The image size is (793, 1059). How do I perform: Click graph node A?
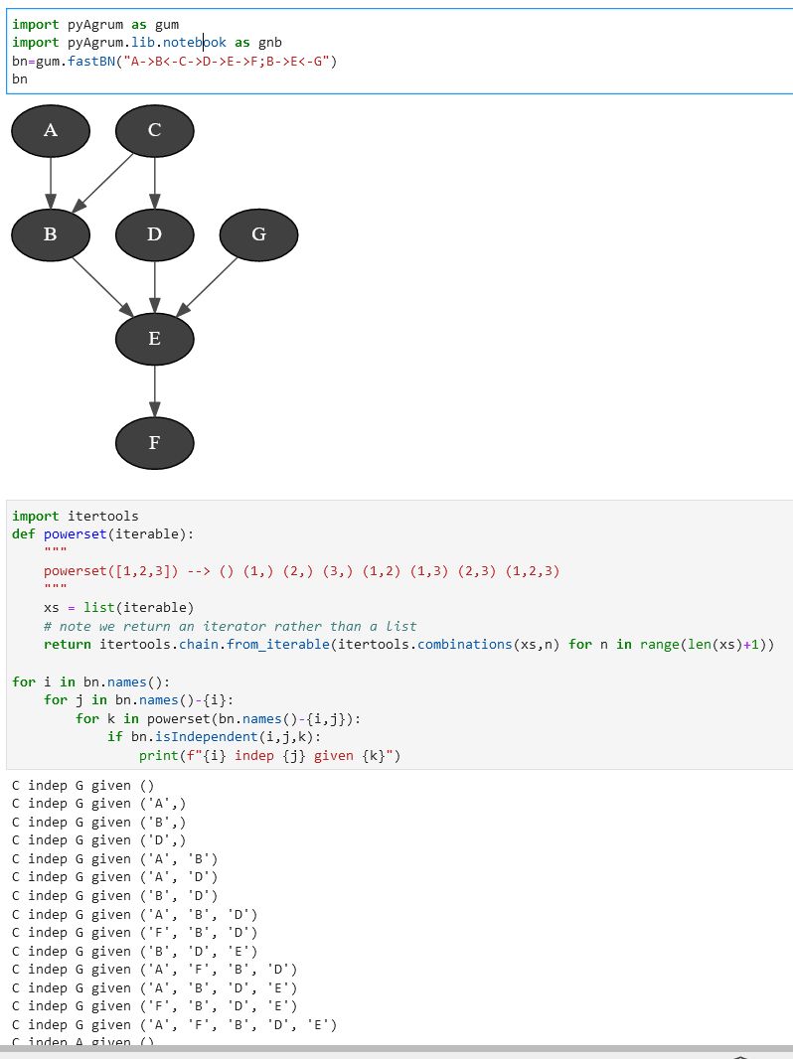(x=51, y=130)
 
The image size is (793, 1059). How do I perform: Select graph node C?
(x=154, y=130)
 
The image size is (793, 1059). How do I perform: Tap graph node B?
(x=51, y=234)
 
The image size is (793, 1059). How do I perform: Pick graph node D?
(x=154, y=234)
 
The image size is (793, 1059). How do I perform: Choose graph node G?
(x=258, y=234)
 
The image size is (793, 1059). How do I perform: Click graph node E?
(x=154, y=339)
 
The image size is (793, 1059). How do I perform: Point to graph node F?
(x=154, y=443)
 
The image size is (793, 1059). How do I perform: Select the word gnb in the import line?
(x=270, y=43)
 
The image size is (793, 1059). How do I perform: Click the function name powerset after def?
(x=75, y=534)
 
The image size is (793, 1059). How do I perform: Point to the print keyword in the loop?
(x=159, y=756)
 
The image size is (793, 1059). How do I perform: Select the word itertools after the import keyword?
(x=103, y=517)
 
